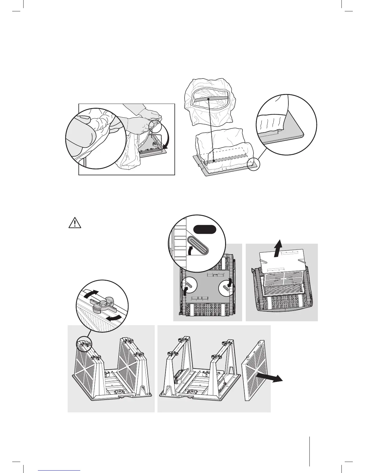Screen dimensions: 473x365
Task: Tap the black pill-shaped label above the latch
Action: tap(204, 229)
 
